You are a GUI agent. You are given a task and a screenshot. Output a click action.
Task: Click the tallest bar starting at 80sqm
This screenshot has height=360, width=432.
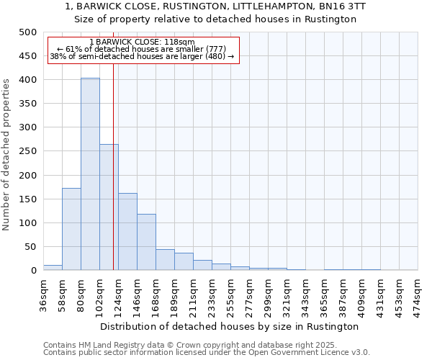(x=90, y=174)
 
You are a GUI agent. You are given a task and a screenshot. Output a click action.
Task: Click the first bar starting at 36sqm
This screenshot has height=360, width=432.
(x=53, y=268)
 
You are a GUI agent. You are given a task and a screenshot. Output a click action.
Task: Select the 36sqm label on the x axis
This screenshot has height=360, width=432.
(x=43, y=292)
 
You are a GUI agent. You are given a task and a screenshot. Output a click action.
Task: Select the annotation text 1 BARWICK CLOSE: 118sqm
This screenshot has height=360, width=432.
(x=142, y=42)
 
